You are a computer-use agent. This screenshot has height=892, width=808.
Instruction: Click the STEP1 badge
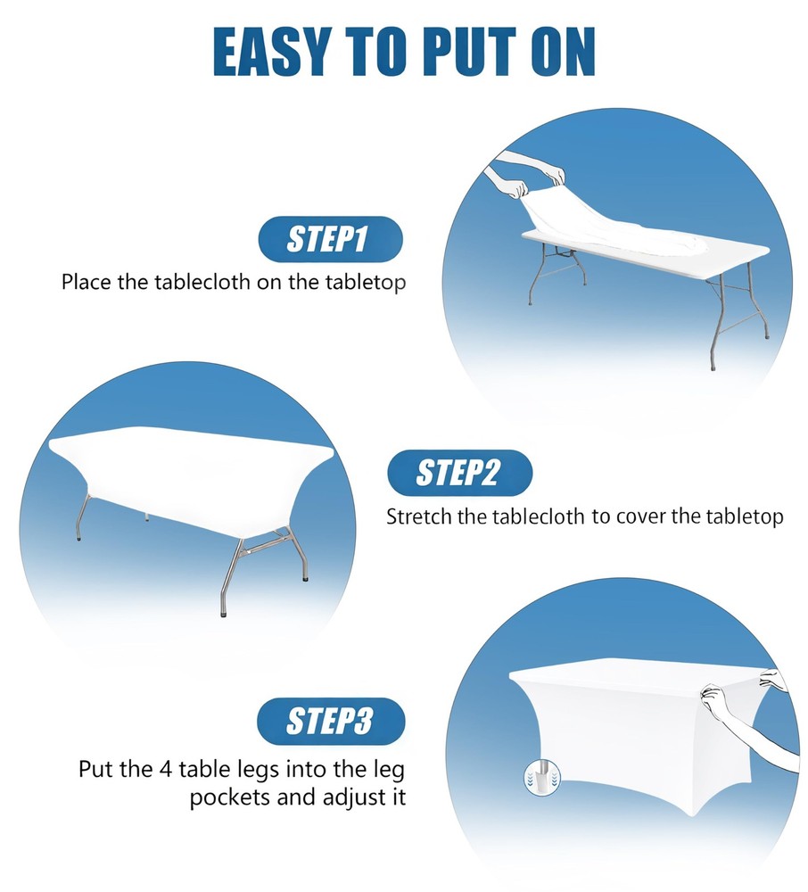[x=330, y=239]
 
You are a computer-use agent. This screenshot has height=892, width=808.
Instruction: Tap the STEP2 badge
[x=459, y=473]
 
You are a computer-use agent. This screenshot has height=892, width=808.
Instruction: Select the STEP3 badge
[x=331, y=722]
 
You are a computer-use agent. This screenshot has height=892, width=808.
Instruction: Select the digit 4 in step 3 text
[x=166, y=769]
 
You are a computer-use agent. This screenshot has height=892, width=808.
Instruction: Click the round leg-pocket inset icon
[x=542, y=777]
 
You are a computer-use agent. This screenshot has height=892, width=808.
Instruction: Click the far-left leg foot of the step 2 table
[x=78, y=538]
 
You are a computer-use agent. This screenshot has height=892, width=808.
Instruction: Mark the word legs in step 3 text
[x=258, y=771]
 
